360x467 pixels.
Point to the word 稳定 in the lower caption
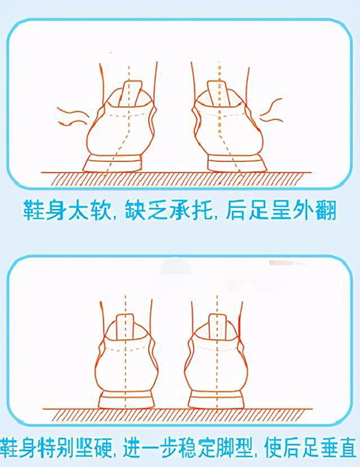[210, 447]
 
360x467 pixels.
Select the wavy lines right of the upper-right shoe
[271, 110]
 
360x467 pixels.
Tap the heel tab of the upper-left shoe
[132, 94]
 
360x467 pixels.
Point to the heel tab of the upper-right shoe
[218, 94]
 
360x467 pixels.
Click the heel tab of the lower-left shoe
[125, 327]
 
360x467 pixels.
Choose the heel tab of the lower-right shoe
[218, 327]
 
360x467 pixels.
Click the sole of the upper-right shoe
[237, 164]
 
